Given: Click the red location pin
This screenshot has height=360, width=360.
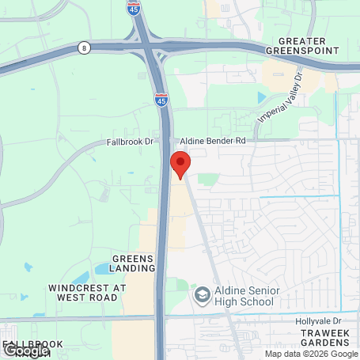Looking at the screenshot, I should [180, 165].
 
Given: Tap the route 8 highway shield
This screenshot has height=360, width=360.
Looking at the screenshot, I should [84, 48].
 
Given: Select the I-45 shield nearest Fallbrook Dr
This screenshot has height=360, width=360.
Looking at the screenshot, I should [161, 100].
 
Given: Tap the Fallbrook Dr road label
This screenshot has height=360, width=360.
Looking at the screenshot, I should [127, 143].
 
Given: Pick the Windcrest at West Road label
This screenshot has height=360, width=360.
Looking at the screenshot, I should [88, 293].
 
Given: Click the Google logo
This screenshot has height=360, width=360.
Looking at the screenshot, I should [26, 350].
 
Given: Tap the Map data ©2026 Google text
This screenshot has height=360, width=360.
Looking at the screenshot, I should [312, 354].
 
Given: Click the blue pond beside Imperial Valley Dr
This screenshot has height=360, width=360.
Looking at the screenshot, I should [262, 97].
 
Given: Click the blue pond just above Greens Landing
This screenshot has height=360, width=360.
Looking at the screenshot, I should [104, 270].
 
